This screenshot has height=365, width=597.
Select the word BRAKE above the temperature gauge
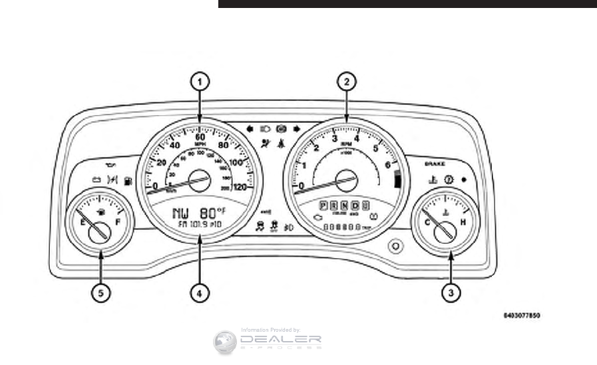pyautogui.click(x=435, y=162)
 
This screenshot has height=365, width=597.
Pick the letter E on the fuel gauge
pyautogui.click(x=83, y=223)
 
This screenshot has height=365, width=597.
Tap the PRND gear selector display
pyautogui.click(x=343, y=205)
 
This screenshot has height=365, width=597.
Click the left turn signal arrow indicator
pyautogui.click(x=249, y=126)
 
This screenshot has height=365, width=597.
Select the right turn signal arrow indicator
pyautogui.click(x=295, y=126)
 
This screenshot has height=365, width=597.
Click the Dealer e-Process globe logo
pyautogui.click(x=225, y=342)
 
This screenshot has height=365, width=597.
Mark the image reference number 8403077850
pyautogui.click(x=522, y=315)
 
